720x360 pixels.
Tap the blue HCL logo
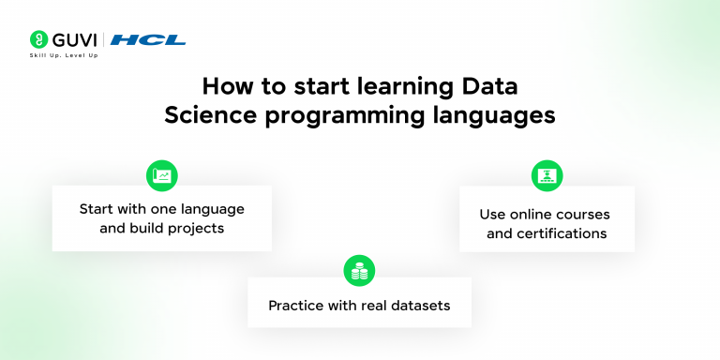click(148, 39)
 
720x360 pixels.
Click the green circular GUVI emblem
click(38, 39)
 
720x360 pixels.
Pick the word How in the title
click(226, 87)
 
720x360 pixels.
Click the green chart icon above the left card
click(161, 175)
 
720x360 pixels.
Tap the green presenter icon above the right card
click(547, 175)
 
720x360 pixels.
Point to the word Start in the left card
click(97, 208)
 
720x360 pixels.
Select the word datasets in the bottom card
click(420, 306)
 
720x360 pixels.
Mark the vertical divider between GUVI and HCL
click(103, 39)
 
